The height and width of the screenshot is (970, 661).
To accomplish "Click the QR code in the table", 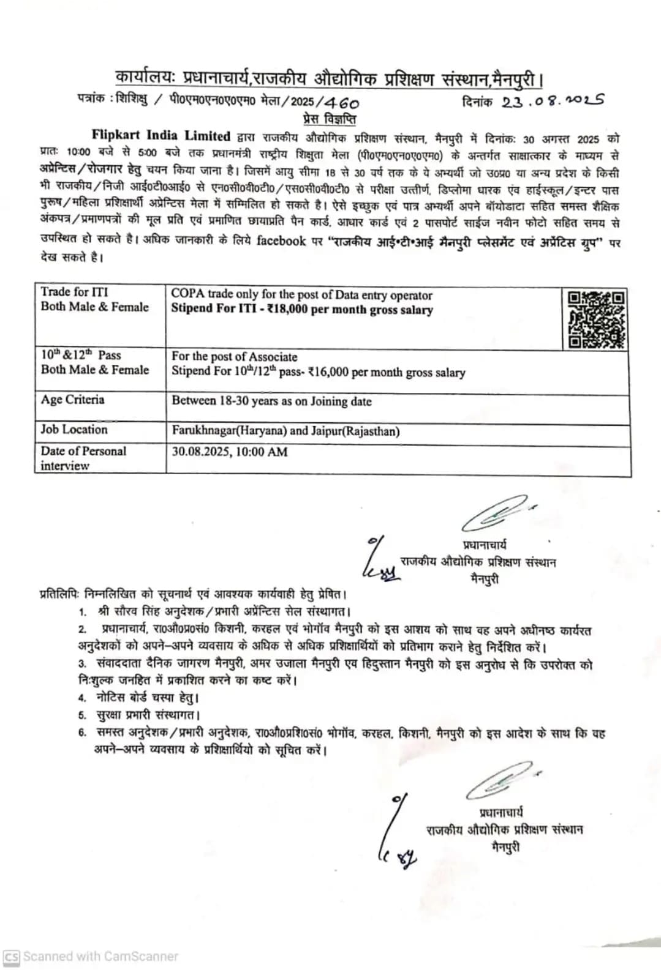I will tap(595, 319).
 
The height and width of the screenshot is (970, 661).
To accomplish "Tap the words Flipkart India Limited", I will tap(161, 136).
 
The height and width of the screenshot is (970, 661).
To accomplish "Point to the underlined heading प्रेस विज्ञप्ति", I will tap(329, 119).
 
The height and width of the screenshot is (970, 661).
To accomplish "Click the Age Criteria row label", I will tap(72, 400).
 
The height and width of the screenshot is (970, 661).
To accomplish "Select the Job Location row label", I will tap(74, 430).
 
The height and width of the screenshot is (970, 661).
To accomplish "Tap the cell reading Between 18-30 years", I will tap(271, 401).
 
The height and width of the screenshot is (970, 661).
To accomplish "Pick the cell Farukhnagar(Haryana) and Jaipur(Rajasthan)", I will tap(285, 431).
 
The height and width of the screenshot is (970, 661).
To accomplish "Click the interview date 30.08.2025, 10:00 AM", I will tap(229, 452).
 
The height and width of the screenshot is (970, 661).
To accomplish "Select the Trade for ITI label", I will tap(74, 292).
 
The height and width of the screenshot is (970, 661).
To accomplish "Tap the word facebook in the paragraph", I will tap(281, 241).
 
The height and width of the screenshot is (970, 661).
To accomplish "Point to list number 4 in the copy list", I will tap(82, 698).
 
